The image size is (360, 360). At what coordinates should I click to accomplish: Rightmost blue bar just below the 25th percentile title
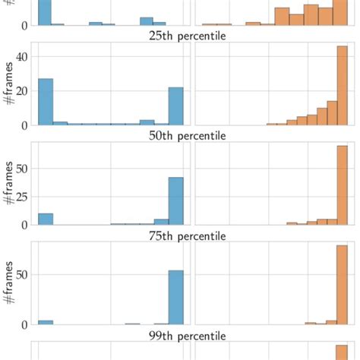(x=175, y=106)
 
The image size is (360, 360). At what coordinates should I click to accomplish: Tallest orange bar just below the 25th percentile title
(x=342, y=85)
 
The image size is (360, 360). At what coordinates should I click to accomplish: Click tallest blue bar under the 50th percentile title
(x=175, y=201)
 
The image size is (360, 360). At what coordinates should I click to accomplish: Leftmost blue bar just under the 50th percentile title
(x=45, y=219)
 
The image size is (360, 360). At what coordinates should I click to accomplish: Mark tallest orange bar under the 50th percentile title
(x=342, y=185)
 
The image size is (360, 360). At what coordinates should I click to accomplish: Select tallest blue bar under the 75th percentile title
(x=175, y=297)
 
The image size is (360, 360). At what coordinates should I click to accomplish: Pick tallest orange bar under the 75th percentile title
(x=342, y=285)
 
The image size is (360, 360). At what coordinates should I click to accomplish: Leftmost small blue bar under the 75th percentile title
(x=45, y=322)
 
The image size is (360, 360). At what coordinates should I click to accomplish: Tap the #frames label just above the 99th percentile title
(x=9, y=283)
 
